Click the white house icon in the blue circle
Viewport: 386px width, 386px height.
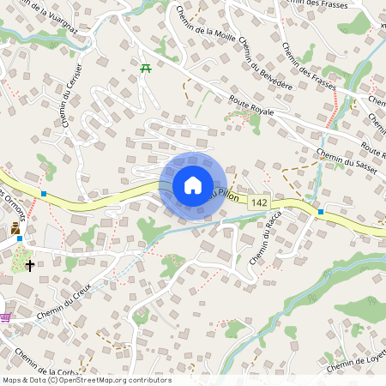192,185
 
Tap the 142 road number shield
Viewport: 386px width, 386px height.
260,202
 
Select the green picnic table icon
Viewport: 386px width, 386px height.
147,69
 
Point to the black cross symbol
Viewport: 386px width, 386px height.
30,266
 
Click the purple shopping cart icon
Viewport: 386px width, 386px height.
6,317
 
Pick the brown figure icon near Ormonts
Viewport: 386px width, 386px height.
15,229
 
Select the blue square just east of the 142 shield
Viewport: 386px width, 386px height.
320,211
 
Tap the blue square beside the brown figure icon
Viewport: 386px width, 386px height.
20,238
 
